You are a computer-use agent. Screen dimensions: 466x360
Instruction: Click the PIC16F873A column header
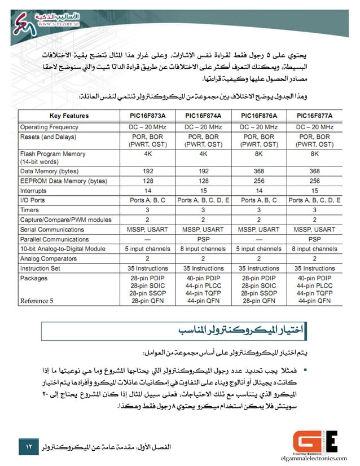pyautogui.click(x=147, y=116)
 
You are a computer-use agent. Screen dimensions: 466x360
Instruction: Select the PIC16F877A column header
pyautogui.click(x=314, y=116)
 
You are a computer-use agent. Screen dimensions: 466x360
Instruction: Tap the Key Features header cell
pyautogui.click(x=69, y=116)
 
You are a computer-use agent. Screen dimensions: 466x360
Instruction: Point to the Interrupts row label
pyautogui.click(x=33, y=191)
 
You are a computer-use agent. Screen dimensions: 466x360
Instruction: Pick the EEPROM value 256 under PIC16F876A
pyautogui.click(x=259, y=181)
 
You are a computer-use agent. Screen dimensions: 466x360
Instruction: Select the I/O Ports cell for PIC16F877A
pyautogui.click(x=314, y=200)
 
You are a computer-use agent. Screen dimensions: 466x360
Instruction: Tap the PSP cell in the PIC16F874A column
pyautogui.click(x=203, y=239)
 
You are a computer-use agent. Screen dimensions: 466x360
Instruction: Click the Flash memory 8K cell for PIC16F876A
pyautogui.click(x=259, y=153)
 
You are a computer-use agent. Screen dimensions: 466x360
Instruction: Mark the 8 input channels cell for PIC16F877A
pyautogui.click(x=314, y=249)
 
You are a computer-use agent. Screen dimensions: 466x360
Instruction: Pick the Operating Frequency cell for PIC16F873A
pyautogui.click(x=147, y=127)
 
